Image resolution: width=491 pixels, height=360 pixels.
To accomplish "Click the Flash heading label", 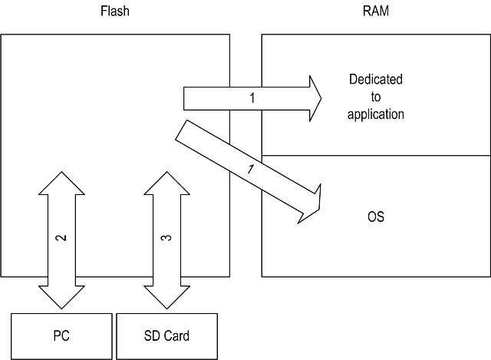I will click(115, 12).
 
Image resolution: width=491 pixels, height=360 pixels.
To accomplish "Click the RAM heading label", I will click(376, 12).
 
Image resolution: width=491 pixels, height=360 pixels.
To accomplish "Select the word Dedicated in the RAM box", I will click(376, 80).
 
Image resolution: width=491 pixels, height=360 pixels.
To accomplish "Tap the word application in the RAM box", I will click(376, 114).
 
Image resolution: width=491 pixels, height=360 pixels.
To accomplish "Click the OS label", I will click(376, 217).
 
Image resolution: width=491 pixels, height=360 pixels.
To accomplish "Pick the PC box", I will click(61, 336).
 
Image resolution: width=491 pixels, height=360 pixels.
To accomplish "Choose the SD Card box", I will click(166, 336).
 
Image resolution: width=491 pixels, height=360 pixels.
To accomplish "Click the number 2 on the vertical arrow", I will click(62, 238).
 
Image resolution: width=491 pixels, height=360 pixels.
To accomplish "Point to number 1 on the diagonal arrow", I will click(248, 170).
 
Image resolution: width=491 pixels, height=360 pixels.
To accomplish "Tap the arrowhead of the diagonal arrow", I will click(310, 201).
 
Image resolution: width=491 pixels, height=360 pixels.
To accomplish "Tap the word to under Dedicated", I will click(376, 97).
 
